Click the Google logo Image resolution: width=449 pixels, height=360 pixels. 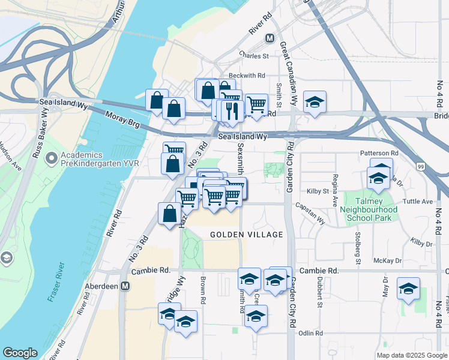click(20, 353)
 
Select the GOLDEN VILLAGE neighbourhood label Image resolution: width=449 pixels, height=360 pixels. click(246, 234)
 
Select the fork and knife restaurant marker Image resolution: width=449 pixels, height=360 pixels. click(231, 110)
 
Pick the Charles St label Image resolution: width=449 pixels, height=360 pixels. click(253, 55)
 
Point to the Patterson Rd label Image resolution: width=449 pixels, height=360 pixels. click(379, 154)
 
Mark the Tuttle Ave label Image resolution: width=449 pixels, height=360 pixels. click(418, 202)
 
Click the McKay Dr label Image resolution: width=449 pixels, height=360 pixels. click(387, 261)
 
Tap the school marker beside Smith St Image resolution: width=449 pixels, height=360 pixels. click(314, 102)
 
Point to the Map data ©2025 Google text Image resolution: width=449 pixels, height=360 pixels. click(411, 355)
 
